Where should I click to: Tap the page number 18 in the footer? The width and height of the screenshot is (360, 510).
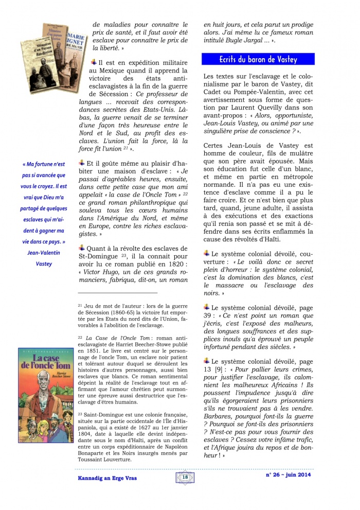(185, 478)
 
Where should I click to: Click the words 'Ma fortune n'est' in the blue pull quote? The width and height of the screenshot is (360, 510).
(44, 164)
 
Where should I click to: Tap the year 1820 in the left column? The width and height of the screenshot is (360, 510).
(175, 262)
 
